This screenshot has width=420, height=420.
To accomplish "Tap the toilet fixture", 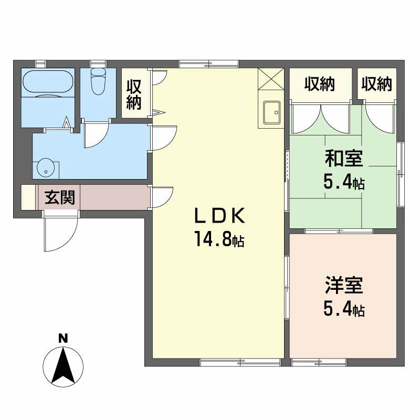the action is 98,81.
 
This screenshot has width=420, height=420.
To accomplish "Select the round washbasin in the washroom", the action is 46,169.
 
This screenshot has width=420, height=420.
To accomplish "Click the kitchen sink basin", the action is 271,112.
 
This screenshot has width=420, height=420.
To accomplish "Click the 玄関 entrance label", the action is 60,198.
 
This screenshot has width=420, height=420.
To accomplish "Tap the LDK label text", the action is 219,216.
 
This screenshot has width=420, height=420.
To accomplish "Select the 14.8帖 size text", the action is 219,239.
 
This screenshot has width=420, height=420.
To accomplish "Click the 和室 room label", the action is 344,159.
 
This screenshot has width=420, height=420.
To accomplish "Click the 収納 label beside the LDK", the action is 134,94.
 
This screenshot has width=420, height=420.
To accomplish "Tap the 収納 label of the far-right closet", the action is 376,84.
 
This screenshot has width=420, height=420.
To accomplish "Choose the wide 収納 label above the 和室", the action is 320,84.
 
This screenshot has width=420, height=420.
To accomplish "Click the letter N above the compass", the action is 63,339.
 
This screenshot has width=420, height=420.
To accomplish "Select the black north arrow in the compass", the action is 63,365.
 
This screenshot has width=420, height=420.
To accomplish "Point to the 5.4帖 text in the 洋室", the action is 344,310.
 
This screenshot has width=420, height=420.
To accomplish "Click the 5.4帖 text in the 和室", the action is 344,183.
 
